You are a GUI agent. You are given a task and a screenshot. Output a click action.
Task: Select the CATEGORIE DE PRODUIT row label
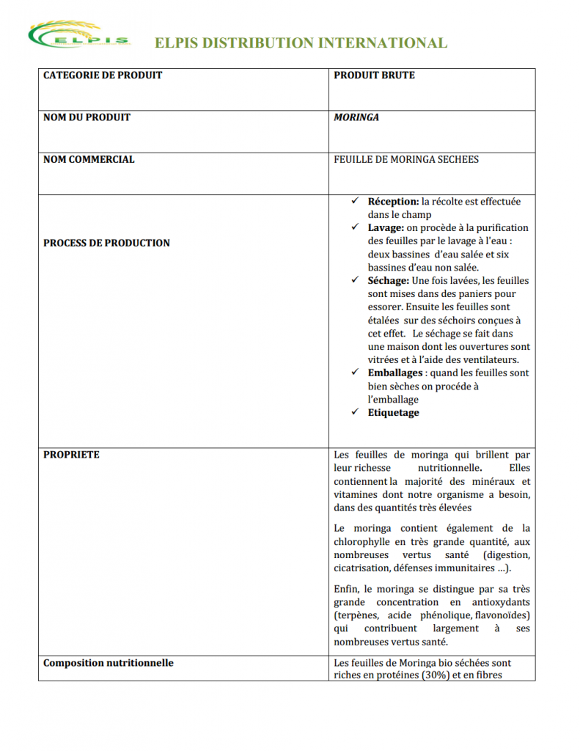[103, 76]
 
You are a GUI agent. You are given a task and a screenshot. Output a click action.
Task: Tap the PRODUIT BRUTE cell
[374, 76]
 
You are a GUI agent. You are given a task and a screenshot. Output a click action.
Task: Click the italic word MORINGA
[356, 117]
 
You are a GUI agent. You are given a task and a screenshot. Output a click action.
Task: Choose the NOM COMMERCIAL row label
[89, 159]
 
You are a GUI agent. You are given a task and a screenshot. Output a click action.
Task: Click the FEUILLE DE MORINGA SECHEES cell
[406, 159]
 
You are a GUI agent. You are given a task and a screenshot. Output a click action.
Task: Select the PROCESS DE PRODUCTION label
[106, 243]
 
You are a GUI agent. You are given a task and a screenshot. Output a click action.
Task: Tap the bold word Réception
[393, 202]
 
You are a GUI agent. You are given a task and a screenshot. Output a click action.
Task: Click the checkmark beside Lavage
[355, 227]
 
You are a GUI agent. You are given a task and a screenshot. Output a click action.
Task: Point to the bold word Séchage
[388, 281]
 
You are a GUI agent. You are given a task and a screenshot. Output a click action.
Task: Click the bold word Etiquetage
[394, 413]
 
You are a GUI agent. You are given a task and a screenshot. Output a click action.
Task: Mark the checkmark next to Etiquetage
[355, 412]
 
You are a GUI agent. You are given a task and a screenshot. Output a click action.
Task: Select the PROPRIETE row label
[71, 455]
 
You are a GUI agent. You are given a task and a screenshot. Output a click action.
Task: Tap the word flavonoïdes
[502, 615]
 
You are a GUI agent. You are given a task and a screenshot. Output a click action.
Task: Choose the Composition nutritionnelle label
[109, 663]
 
